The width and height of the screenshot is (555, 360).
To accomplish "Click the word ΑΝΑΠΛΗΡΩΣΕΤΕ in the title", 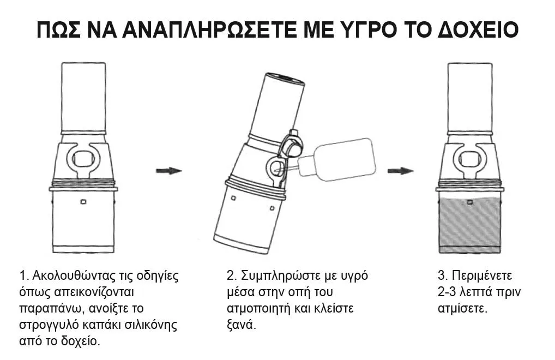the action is click(x=210, y=30).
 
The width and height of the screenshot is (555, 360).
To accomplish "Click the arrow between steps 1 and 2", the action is click(x=169, y=171).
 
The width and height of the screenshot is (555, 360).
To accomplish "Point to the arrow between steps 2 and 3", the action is click(x=401, y=171).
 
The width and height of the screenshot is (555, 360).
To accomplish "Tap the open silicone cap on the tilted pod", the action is click(x=293, y=145).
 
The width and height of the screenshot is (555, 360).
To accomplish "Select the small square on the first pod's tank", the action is click(x=83, y=202).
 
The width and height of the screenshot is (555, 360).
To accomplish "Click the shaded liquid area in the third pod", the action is click(x=470, y=225).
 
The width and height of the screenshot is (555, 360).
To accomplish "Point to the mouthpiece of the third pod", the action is click(x=470, y=97).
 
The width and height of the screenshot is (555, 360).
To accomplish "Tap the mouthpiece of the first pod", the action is click(x=83, y=97).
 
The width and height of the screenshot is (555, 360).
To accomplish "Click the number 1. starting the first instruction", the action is click(x=23, y=276).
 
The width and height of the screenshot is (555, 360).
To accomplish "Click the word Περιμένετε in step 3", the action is click(x=482, y=276).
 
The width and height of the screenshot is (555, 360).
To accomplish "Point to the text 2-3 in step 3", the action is click(x=447, y=292).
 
